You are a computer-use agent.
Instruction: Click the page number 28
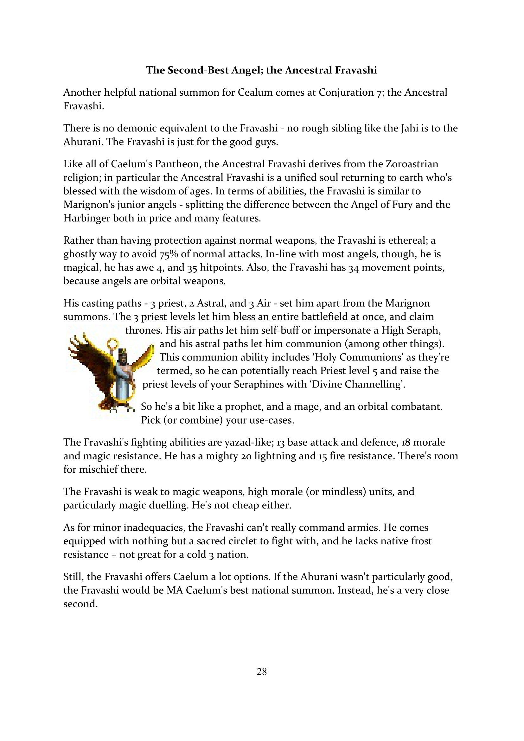point(261,672)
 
